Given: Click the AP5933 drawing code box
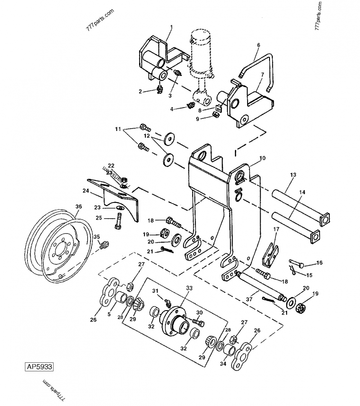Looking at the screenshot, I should click(39, 367).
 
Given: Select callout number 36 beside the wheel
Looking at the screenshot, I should click(78, 207).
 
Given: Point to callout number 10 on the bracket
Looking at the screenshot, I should click(263, 159).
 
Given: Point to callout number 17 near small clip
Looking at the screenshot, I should click(277, 230).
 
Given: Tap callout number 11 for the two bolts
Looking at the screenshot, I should click(118, 129).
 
